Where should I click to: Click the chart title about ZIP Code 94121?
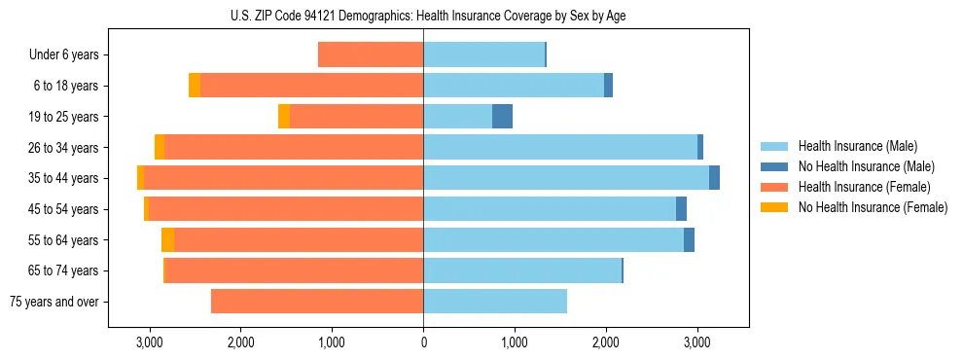point(422,15)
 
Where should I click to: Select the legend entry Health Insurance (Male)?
point(851,146)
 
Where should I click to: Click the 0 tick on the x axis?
point(423,342)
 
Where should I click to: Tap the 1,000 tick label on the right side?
point(515,342)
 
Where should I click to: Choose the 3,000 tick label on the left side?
point(149,342)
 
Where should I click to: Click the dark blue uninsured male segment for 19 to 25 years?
point(502,117)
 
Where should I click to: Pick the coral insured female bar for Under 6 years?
point(371,55)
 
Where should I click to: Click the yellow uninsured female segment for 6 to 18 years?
point(195,86)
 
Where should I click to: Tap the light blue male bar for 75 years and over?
point(495,302)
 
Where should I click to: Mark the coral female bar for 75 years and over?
point(317,302)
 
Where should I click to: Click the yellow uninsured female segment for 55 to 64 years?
point(167,240)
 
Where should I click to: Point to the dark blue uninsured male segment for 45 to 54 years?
point(681,209)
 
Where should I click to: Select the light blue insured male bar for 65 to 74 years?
point(522,270)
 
